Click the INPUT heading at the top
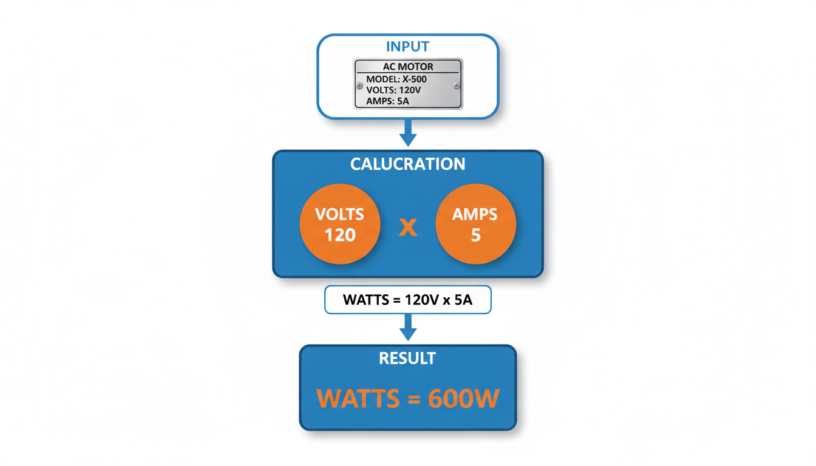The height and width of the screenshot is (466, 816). [407, 47]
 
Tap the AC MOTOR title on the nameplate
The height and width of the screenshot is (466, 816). [408, 67]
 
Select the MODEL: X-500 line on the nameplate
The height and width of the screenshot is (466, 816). [396, 79]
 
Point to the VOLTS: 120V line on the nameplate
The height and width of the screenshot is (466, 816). [393, 90]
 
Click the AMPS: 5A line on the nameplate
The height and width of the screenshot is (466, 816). [387, 101]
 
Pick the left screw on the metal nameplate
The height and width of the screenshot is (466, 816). [360, 86]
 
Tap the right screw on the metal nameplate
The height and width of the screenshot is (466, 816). [457, 86]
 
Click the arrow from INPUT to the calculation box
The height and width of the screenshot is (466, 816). [408, 133]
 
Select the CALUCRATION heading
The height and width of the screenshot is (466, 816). [408, 164]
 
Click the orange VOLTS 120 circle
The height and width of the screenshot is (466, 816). [340, 224]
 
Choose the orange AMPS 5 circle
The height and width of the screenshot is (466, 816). [476, 224]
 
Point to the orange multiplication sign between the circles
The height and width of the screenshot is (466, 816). [408, 227]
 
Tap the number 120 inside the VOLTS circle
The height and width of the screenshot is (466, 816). [340, 235]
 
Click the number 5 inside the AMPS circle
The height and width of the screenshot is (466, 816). [476, 235]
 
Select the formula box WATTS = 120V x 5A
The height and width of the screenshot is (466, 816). [408, 300]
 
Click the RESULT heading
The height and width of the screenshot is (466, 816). [407, 359]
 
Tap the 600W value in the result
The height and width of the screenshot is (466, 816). [463, 399]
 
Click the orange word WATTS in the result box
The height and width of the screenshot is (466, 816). [358, 399]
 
